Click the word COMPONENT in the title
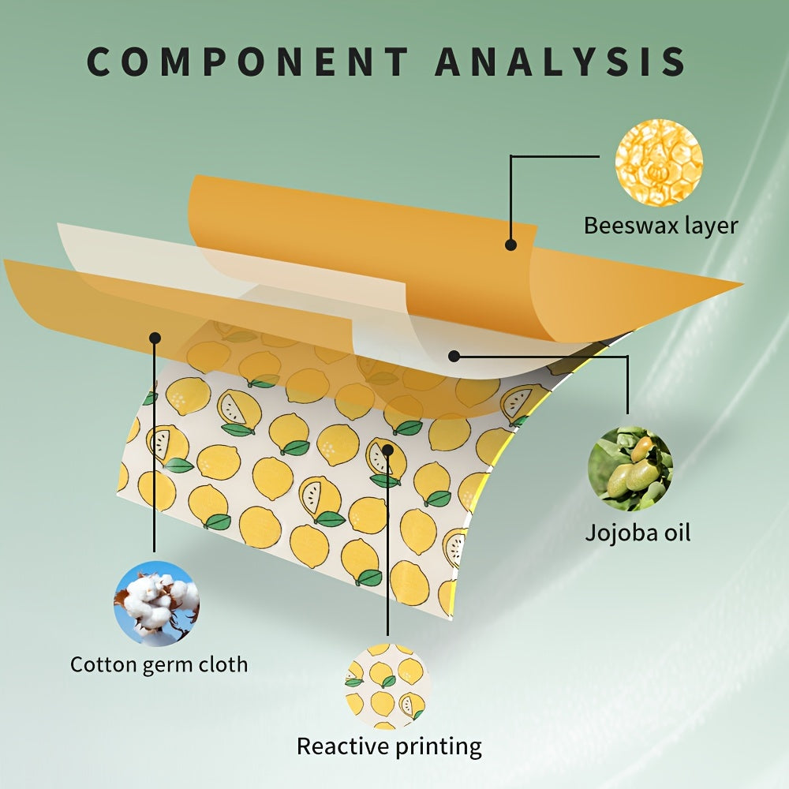(x=247, y=61)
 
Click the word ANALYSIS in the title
(x=561, y=61)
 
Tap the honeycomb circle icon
(x=659, y=163)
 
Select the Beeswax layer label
(x=660, y=226)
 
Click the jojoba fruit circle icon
(x=630, y=469)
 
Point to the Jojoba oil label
(x=638, y=533)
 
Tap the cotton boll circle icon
(x=156, y=603)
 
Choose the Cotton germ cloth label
(x=159, y=664)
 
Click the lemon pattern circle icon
(x=385, y=686)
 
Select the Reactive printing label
(x=389, y=746)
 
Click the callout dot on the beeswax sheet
(x=511, y=245)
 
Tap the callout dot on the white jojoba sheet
(x=454, y=356)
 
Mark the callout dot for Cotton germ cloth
(x=155, y=337)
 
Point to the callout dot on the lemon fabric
(x=388, y=450)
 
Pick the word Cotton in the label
(x=102, y=664)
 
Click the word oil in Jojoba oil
(x=675, y=533)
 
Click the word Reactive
(x=340, y=746)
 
